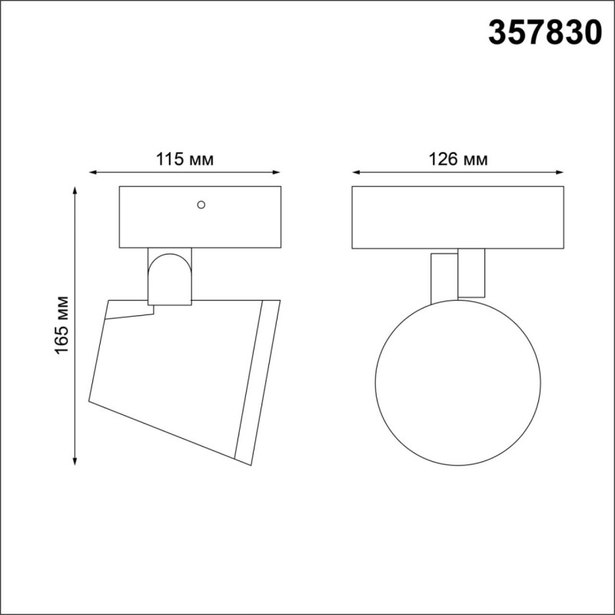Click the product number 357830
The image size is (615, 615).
click(545, 32)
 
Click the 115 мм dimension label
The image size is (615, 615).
click(184, 160)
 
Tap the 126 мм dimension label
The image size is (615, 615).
click(458, 160)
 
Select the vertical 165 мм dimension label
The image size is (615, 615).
click(61, 325)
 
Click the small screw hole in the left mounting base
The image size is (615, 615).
click(201, 204)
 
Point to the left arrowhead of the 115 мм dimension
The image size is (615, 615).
click(93, 171)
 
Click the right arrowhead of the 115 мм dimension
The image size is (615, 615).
click(277, 171)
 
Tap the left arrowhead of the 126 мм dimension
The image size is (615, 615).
click(356, 171)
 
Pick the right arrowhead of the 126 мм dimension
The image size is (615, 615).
click(560, 171)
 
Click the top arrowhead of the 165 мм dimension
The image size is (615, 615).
click(75, 190)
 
